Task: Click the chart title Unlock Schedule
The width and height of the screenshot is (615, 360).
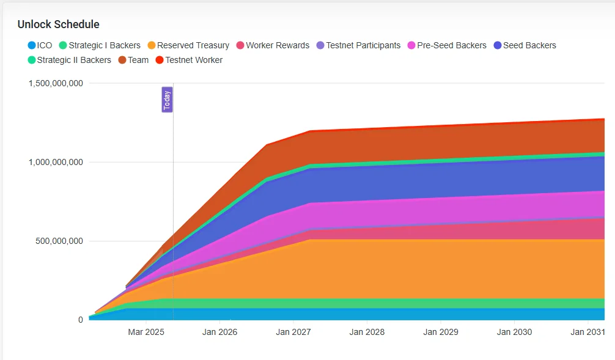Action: click(58, 24)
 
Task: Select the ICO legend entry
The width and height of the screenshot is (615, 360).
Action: click(40, 45)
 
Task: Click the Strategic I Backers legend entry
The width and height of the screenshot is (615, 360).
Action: click(100, 45)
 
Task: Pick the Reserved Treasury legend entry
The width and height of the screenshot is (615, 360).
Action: click(188, 45)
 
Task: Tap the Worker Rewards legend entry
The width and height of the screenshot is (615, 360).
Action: click(273, 45)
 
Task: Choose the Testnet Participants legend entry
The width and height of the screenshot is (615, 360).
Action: click(358, 45)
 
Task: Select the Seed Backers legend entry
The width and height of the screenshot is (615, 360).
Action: click(525, 45)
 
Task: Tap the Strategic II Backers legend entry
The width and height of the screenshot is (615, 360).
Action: click(69, 60)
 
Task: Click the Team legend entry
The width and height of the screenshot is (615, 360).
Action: click(133, 60)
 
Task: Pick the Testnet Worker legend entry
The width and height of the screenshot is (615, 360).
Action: click(189, 60)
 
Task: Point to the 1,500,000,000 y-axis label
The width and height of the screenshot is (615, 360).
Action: click(56, 83)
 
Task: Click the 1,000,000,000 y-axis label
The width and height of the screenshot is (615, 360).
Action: click(56, 162)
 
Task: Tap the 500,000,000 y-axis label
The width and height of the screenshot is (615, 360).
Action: click(59, 241)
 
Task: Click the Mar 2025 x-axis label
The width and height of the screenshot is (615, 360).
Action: click(146, 332)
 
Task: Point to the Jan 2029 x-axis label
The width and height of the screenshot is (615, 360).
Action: click(441, 332)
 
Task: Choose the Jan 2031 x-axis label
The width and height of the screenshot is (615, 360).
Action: click(587, 332)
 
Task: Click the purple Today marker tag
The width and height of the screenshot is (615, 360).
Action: click(167, 100)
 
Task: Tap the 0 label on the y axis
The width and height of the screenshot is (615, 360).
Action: click(80, 320)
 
